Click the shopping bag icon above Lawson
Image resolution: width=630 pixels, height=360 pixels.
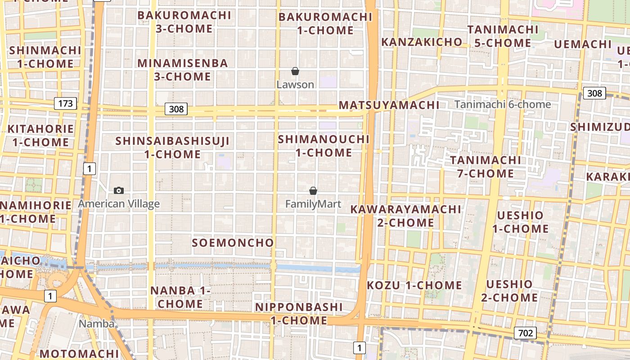tap(295, 71)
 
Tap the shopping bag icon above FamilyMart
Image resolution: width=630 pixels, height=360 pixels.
tap(313, 191)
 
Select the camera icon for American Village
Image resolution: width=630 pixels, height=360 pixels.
tap(119, 190)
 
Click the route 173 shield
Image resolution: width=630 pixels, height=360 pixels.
tap(65, 103)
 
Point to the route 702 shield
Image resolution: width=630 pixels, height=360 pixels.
tap(525, 333)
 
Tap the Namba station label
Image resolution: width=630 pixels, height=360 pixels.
tap(97, 324)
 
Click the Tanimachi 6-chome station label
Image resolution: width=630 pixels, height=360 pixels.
tap(502, 104)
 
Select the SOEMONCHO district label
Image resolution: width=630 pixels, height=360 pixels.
tap(233, 243)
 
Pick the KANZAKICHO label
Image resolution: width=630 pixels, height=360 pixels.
tap(422, 42)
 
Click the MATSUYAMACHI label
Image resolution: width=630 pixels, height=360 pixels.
tap(389, 105)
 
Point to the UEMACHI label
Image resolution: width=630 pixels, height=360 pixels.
tap(582, 44)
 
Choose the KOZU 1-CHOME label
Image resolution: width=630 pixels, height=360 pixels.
tap(414, 285)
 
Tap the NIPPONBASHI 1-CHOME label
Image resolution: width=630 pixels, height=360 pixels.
tap(299, 314)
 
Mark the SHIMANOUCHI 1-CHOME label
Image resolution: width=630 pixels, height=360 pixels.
tap(324, 146)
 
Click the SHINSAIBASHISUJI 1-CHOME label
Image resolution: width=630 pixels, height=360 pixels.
tap(172, 148)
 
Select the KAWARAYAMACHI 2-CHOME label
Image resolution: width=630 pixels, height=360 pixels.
tap(405, 216)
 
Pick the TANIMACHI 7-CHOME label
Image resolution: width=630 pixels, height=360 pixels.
tap(485, 166)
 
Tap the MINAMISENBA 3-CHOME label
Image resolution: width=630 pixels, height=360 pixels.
tap(183, 70)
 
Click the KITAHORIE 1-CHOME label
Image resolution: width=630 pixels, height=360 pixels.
tap(40, 135)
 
